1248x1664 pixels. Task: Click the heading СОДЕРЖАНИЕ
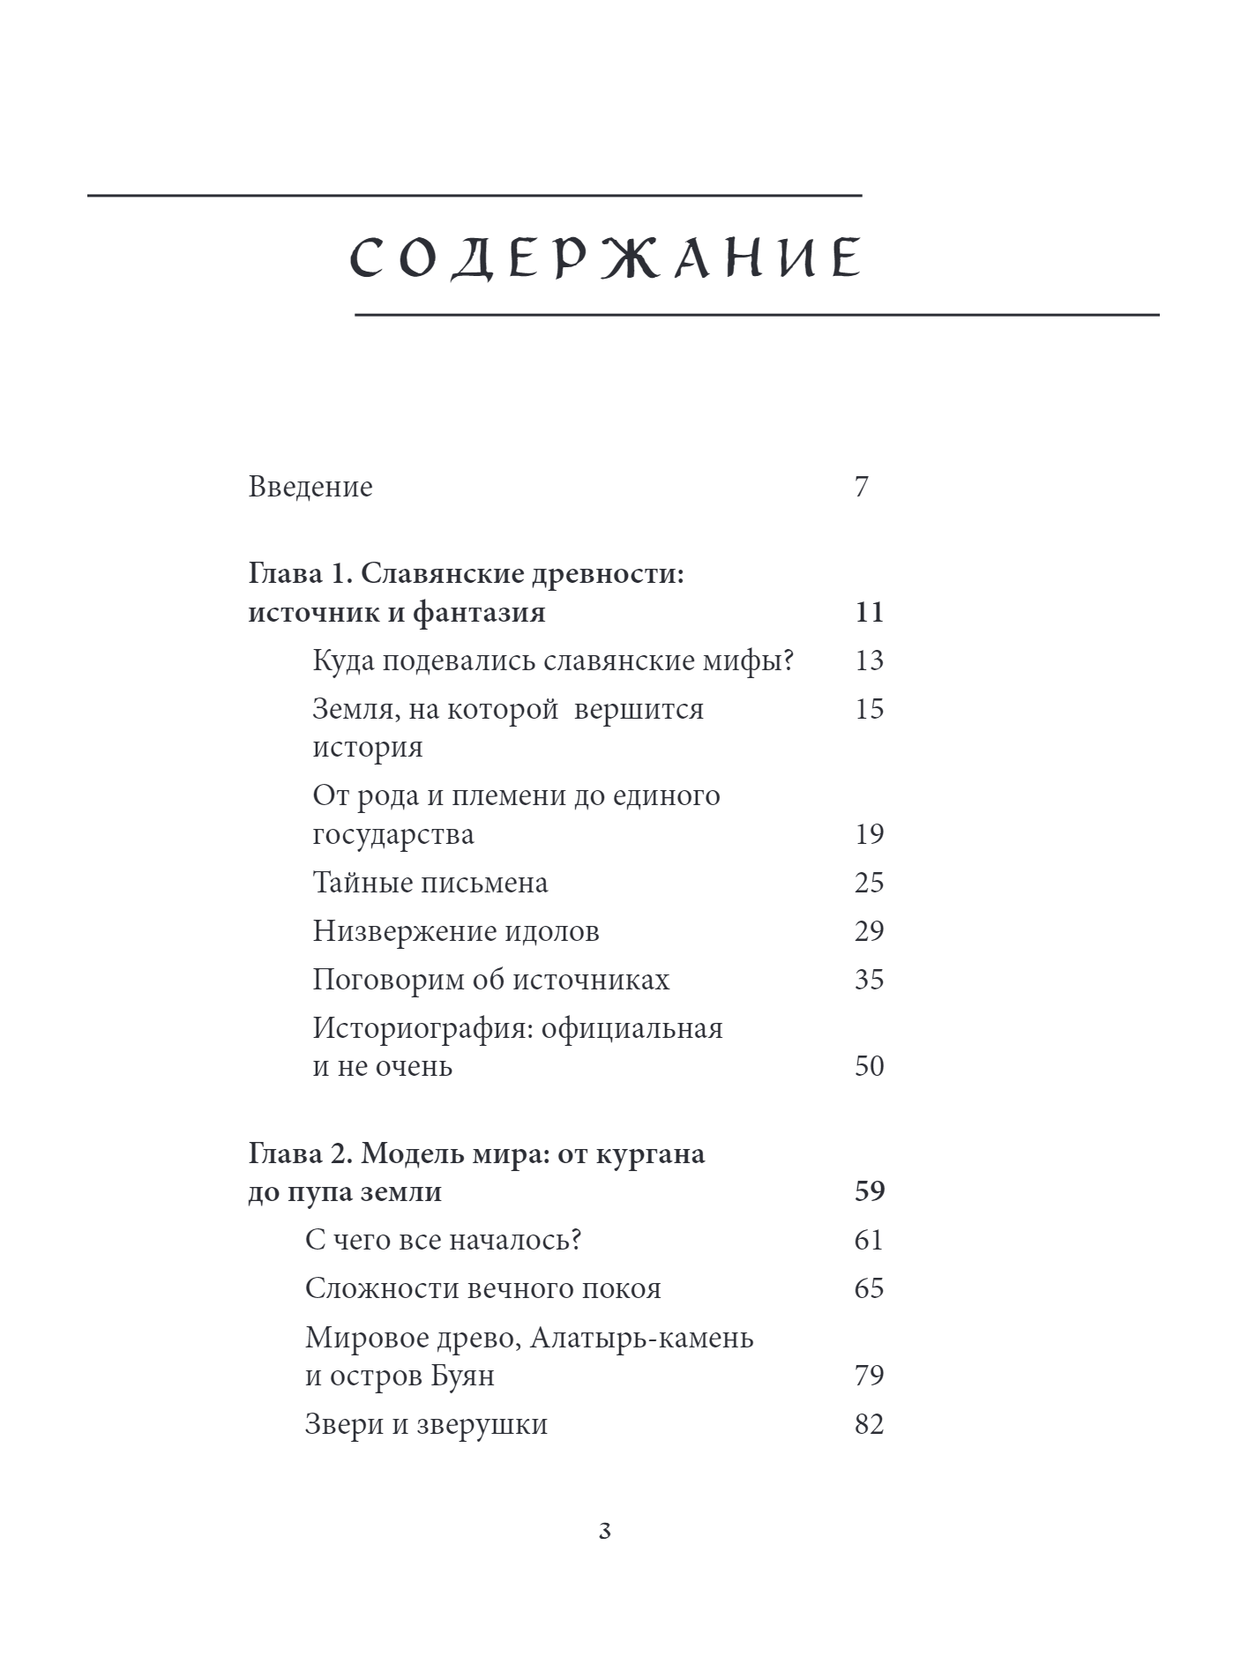[605, 258]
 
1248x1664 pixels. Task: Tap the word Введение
[310, 487]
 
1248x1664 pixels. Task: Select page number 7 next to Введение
[862, 487]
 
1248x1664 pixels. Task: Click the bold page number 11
[869, 612]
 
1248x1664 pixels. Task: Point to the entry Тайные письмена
[430, 883]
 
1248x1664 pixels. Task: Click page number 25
[869, 883]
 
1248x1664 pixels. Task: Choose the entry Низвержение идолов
[456, 931]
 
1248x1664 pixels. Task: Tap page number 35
[869, 980]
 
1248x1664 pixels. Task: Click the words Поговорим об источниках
[491, 980]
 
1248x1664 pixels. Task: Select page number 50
[869, 1066]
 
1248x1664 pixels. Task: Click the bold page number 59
[869, 1191]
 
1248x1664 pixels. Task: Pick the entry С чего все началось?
[444, 1240]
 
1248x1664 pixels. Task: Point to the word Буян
[462, 1376]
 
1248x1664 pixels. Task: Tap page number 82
[869, 1424]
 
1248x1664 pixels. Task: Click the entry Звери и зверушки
[426, 1424]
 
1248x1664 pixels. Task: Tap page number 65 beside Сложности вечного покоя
[869, 1288]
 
